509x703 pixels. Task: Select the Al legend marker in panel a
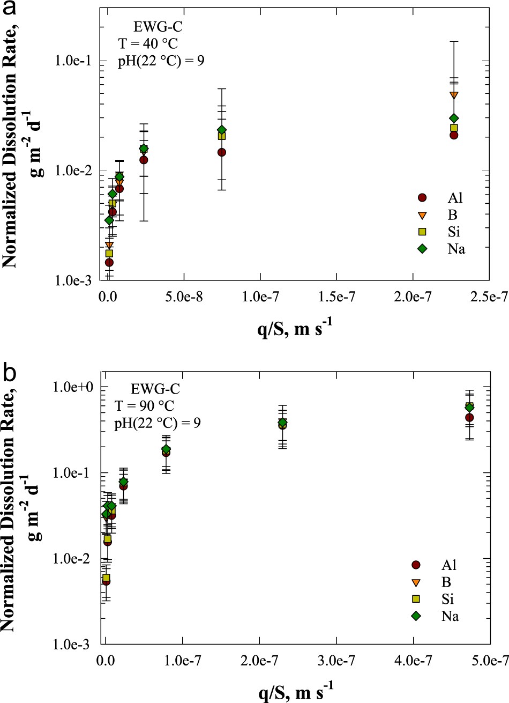[x=422, y=198]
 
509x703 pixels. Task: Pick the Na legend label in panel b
[x=450, y=617]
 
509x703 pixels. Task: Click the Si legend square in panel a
[x=422, y=232]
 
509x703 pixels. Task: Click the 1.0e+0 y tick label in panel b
[x=79, y=387]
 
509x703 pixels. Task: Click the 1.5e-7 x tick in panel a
[x=336, y=295]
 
